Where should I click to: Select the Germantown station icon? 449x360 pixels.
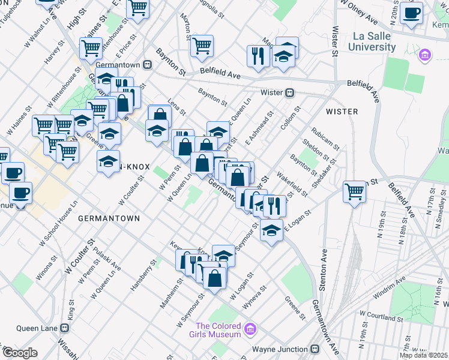[147, 64]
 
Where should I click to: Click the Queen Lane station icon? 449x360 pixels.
[65, 328]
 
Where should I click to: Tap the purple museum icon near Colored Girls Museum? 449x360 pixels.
[251, 329]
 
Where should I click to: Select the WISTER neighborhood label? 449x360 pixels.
[342, 112]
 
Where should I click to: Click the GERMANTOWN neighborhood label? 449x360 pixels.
[109, 218]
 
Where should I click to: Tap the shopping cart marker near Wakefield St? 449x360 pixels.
[355, 191]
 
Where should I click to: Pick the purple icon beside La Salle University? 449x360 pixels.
[425, 55]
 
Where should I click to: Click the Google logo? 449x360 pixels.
[20, 353]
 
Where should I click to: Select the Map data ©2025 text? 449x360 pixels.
[424, 355]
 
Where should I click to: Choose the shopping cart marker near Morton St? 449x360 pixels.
[202, 44]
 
